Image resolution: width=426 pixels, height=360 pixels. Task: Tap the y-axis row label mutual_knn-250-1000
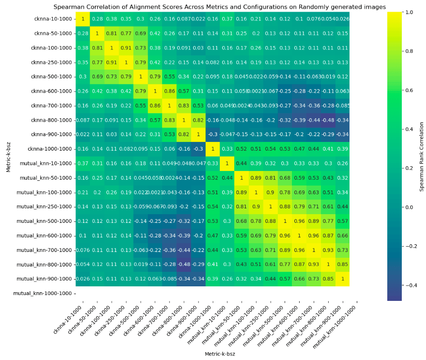[47, 207]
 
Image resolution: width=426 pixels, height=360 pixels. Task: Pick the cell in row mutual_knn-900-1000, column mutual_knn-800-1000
[329, 279]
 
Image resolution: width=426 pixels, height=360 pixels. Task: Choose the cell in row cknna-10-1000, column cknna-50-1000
[97, 19]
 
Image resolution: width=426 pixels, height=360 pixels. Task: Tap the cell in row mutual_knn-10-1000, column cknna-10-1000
[82, 163]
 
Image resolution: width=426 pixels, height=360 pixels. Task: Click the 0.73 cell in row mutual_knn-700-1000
[343, 250]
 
